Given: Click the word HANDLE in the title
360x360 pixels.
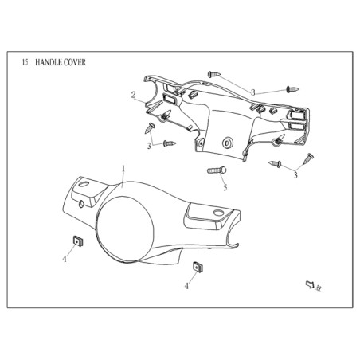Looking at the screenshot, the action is tap(49, 62).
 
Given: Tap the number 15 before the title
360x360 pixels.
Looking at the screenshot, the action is tap(25, 62).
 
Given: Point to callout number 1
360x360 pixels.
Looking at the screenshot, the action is tap(123, 169).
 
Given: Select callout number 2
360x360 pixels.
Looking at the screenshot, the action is tap(133, 95).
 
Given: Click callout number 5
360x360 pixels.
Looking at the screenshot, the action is tap(225, 187).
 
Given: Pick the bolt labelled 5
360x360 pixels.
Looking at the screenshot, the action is tap(217, 170).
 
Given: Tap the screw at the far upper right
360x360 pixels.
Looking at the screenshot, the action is tap(292, 89).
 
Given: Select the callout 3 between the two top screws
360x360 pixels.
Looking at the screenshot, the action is tap(253, 92).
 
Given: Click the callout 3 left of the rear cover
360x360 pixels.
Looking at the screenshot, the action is tap(149, 146).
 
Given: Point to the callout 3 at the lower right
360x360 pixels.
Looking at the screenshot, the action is tap(295, 175).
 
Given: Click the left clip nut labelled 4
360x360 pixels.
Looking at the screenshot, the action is tap(77, 241).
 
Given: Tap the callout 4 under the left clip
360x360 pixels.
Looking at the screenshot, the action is tap(65, 259).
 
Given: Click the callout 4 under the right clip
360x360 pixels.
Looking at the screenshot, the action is tap(186, 286).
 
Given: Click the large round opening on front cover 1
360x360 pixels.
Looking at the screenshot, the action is tap(125, 229).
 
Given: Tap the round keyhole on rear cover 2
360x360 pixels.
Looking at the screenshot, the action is tap(227, 143).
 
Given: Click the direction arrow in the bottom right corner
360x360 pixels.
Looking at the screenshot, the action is tap(310, 284).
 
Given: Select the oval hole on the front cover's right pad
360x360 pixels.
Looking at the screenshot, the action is tap(218, 213).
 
